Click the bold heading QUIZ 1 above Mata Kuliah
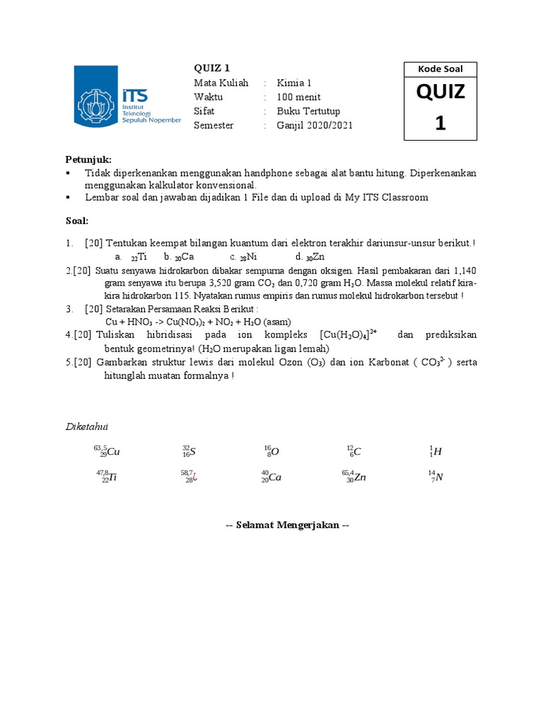[211, 69]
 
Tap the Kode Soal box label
[441, 69]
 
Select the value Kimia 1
[295, 83]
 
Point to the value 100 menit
[298, 97]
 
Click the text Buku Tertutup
[308, 111]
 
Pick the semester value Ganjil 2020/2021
[315, 125]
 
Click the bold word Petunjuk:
[88, 159]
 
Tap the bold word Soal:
[77, 221]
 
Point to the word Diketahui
[87, 426]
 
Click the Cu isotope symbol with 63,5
[106, 452]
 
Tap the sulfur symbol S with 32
[189, 452]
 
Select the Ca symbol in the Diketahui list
[271, 477]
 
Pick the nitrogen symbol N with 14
[436, 477]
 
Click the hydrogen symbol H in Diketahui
[436, 452]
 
